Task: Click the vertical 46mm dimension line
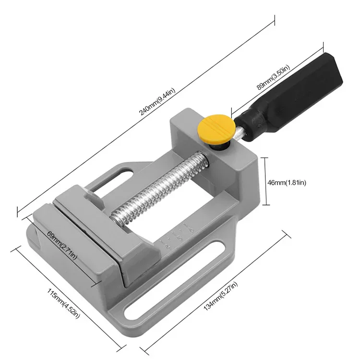tap(265, 181)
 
